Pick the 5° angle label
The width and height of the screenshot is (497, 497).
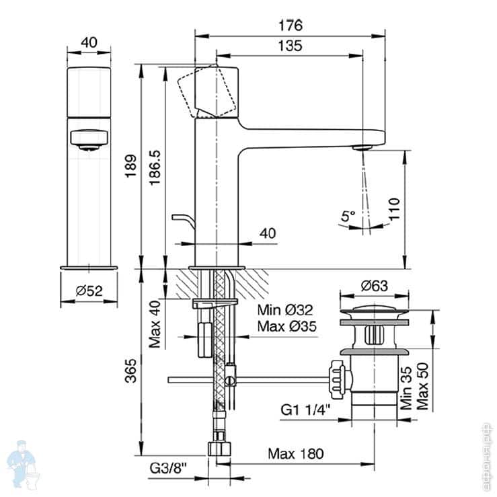(x=348, y=217)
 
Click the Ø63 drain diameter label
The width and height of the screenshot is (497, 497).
(x=374, y=286)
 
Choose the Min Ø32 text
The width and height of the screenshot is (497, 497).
(x=286, y=311)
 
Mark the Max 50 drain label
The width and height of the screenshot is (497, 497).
(x=422, y=388)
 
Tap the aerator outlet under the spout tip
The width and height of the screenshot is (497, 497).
(x=364, y=146)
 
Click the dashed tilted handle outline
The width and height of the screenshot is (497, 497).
(x=208, y=91)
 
